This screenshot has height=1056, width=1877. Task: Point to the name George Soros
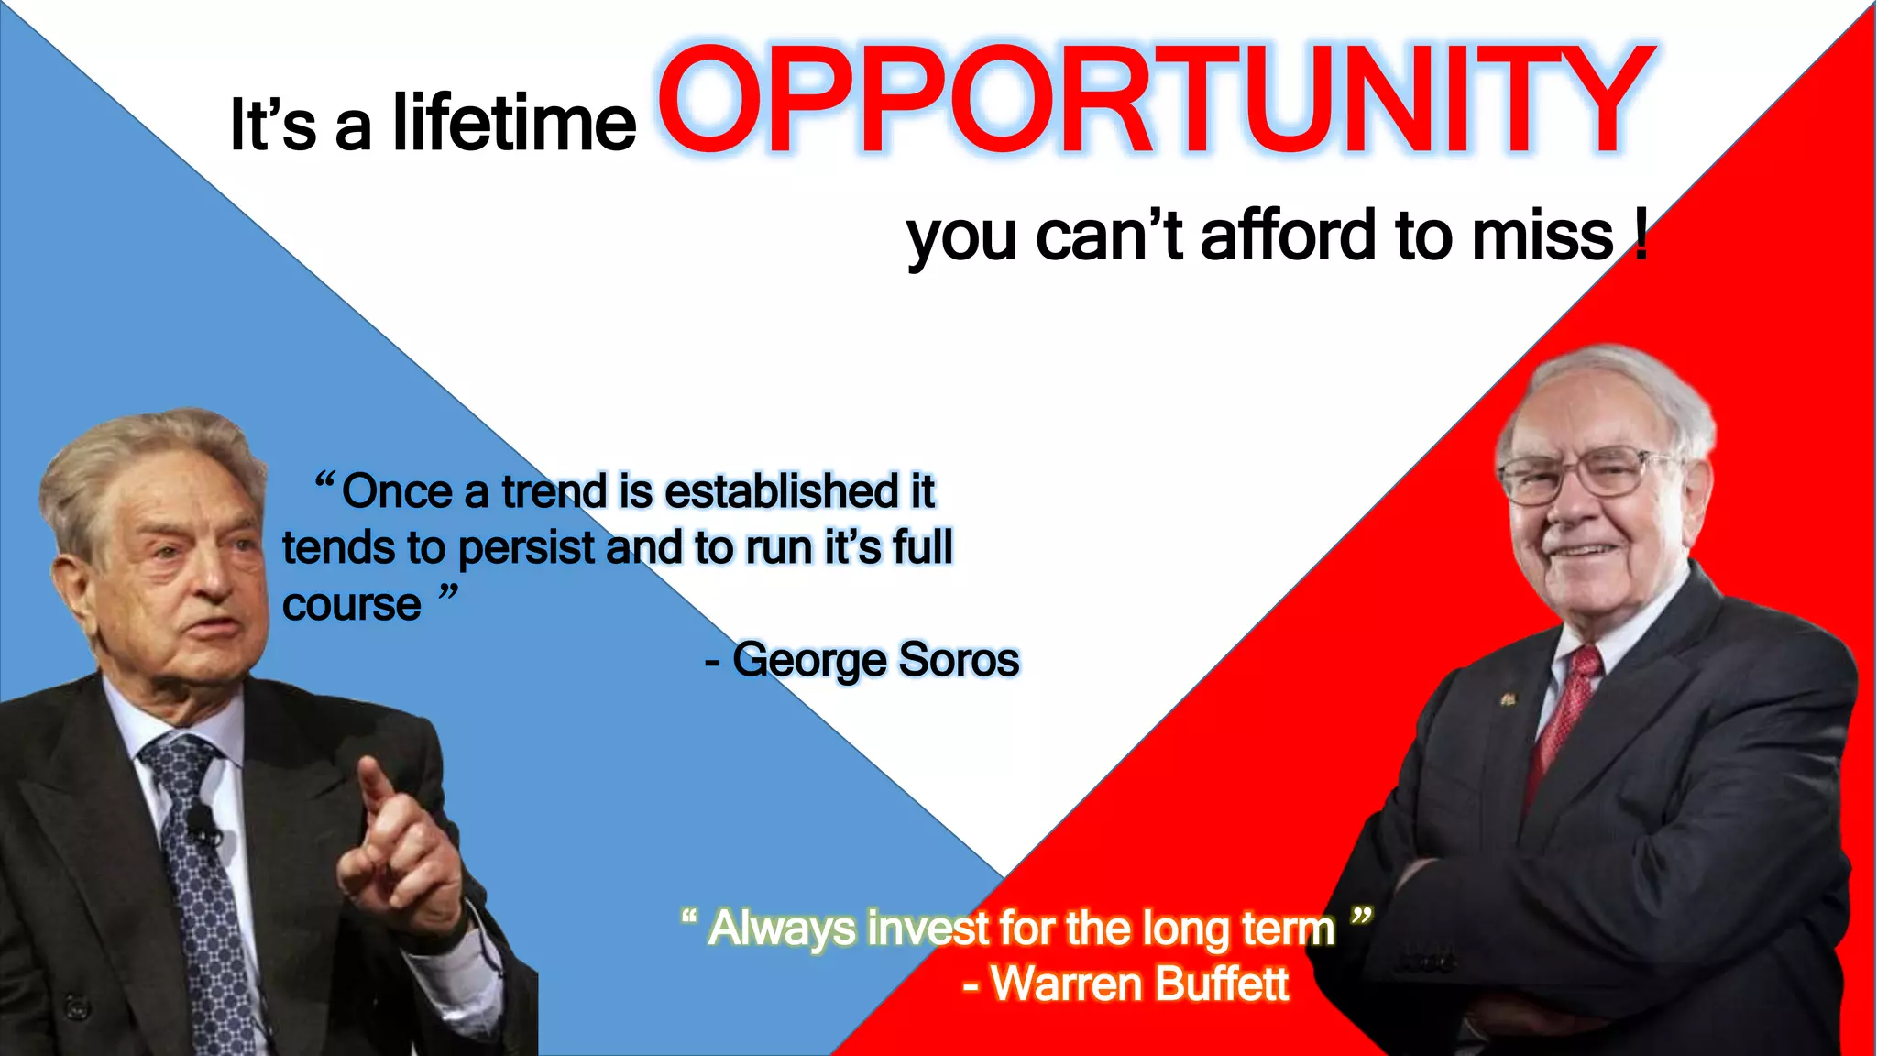(x=875, y=660)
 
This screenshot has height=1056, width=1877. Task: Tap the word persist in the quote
(x=526, y=549)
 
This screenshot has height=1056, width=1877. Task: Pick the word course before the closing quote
(x=351, y=605)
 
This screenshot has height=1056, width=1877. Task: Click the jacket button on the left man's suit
(x=77, y=1006)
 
